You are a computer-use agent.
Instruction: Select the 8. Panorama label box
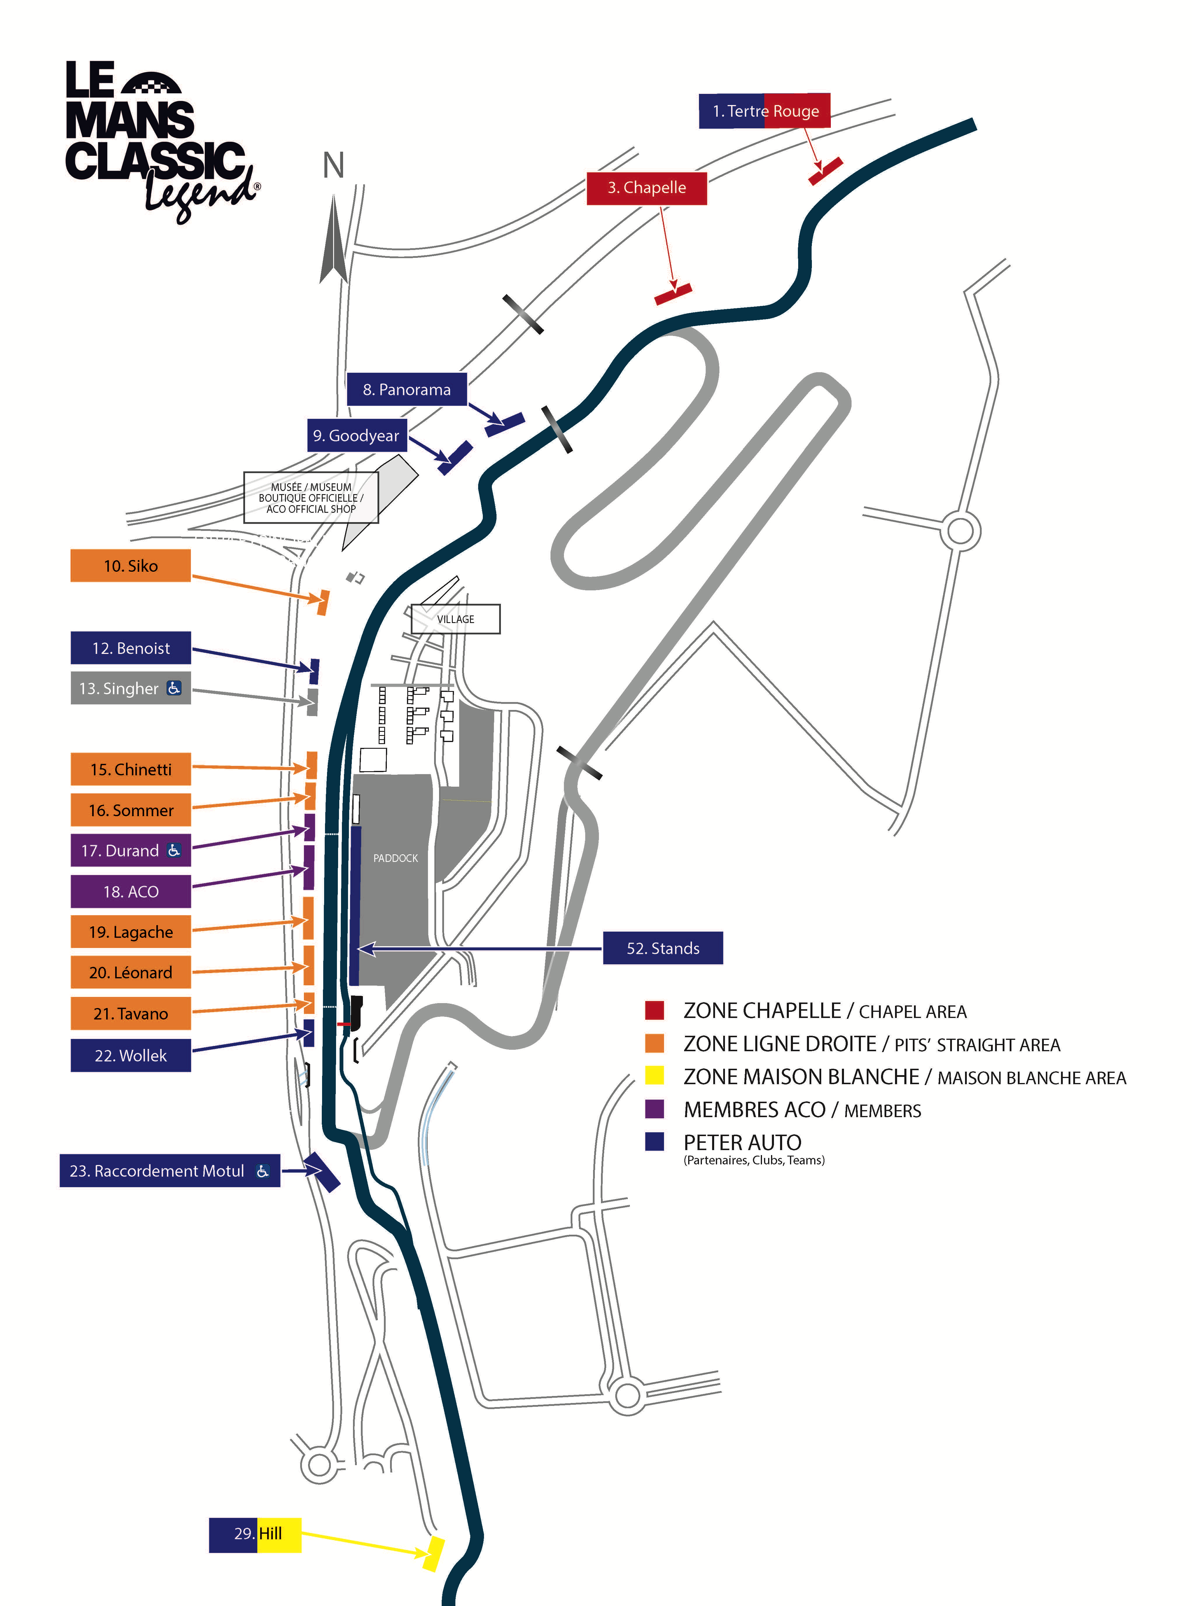(407, 390)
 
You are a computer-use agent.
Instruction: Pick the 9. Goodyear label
(356, 436)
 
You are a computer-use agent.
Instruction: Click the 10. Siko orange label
(131, 566)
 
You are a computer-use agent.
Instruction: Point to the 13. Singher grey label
(131, 688)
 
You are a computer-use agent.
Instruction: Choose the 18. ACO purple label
(131, 892)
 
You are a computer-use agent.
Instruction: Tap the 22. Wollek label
(131, 1056)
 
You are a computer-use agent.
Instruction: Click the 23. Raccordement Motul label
(169, 1171)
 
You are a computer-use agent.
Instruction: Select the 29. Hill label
(255, 1534)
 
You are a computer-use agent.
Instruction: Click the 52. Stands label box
(663, 948)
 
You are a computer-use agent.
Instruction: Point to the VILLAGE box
(455, 619)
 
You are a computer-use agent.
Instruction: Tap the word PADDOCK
(395, 858)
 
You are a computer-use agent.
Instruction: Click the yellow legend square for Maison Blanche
(654, 1076)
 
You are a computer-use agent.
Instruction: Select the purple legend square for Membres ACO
(654, 1109)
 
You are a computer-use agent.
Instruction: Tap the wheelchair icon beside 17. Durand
(174, 851)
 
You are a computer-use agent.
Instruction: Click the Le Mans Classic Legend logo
(160, 137)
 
